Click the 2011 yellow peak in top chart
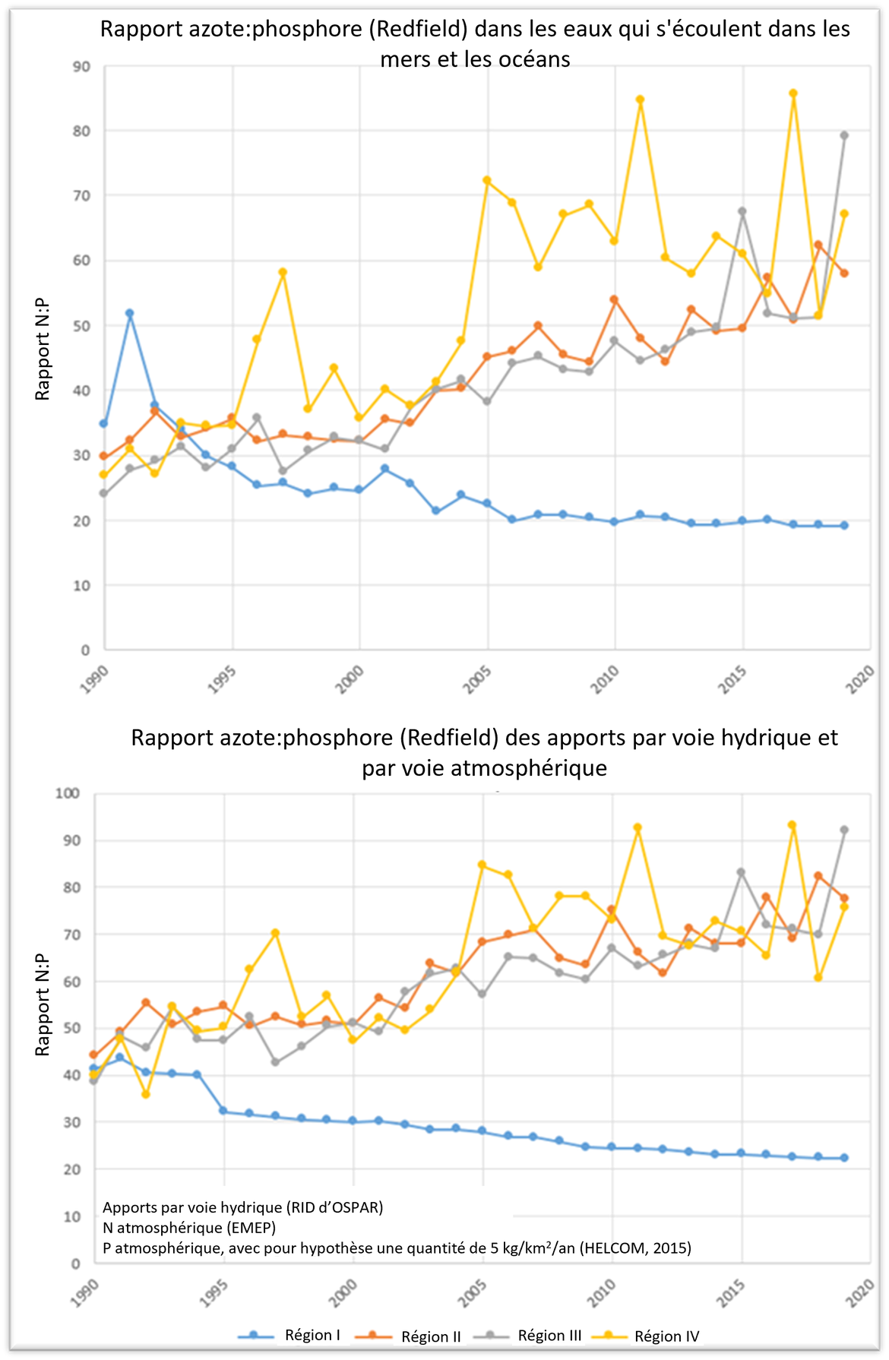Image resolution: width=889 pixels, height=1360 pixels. click(x=640, y=100)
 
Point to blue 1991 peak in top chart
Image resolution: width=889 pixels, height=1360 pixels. click(x=130, y=313)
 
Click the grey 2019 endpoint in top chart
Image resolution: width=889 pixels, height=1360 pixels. click(x=843, y=135)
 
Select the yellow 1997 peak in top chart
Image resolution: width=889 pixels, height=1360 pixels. click(x=283, y=272)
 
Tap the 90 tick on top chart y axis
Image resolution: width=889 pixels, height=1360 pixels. click(x=81, y=67)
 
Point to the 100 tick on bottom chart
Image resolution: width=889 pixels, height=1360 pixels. click(x=68, y=793)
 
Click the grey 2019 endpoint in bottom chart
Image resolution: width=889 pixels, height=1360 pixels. click(x=843, y=830)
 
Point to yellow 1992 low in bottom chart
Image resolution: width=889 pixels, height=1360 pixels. click(x=146, y=1094)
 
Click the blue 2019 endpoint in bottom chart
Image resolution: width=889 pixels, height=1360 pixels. click(x=843, y=1158)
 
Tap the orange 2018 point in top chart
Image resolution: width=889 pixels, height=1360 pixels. click(x=818, y=245)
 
